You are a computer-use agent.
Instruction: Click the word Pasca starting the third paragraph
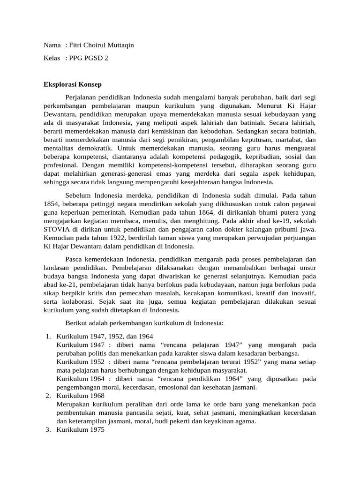[x=74, y=259]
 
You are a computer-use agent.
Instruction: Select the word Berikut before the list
[x=75, y=323]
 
